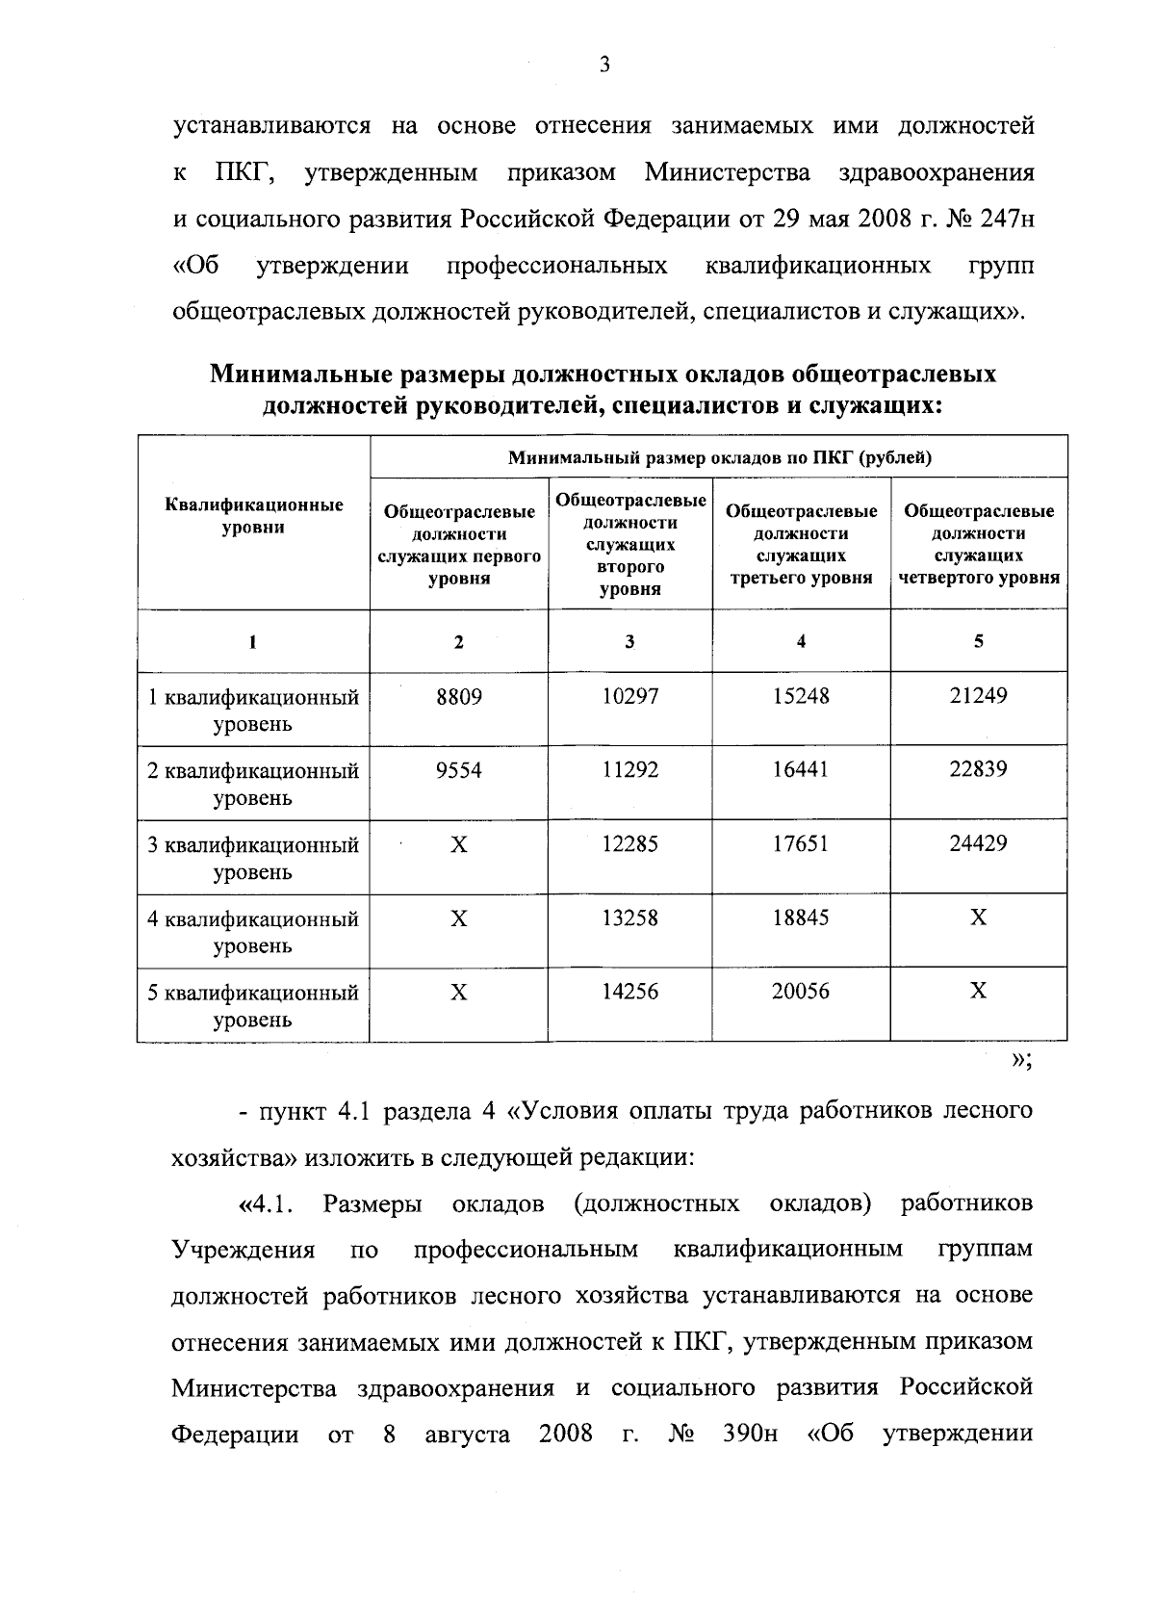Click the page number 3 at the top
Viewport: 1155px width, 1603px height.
click(603, 65)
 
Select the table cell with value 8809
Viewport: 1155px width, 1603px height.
click(458, 696)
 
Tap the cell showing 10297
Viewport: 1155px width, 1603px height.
click(629, 696)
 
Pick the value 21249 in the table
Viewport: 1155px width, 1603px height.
click(978, 695)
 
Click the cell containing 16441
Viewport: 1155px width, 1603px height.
click(800, 770)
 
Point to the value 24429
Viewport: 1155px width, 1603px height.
click(978, 843)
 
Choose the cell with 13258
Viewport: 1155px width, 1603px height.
click(629, 918)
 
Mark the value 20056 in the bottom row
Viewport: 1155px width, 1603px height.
click(800, 992)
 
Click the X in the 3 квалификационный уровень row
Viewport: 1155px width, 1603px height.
click(458, 844)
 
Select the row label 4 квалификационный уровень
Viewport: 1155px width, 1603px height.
click(252, 931)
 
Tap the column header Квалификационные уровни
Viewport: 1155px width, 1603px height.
click(253, 516)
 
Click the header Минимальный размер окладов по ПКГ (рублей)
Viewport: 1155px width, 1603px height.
click(719, 457)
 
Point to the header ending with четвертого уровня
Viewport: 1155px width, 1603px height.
click(979, 544)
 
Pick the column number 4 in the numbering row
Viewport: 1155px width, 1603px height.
click(801, 641)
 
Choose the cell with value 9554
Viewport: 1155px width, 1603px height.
click(458, 770)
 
